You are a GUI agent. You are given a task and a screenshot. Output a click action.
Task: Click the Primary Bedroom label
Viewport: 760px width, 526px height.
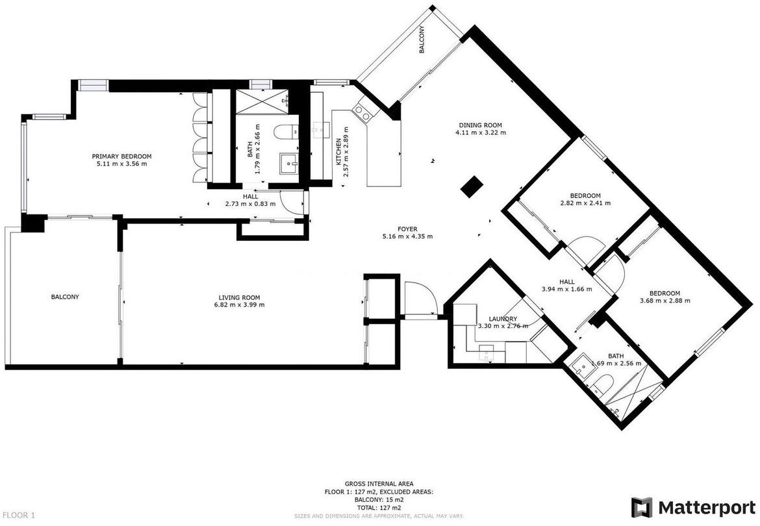(121, 157)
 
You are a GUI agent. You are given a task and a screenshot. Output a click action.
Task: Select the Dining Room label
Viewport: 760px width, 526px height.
(480, 125)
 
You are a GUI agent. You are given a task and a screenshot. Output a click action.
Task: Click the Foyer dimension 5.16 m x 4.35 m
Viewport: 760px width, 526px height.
(407, 236)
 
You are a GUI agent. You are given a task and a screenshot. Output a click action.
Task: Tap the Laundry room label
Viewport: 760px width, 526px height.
(503, 319)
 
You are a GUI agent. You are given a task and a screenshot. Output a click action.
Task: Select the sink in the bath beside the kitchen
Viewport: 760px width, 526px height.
(290, 166)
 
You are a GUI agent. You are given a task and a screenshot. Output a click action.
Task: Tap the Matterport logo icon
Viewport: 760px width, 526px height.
(641, 508)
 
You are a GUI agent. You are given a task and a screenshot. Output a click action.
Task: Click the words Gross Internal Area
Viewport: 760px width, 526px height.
(379, 483)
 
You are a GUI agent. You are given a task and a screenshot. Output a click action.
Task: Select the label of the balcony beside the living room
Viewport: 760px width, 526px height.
(65, 297)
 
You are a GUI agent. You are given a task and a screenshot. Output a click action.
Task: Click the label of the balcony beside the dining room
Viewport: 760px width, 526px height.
(422, 40)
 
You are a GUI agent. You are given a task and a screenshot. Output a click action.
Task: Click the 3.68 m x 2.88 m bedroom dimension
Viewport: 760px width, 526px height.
(665, 300)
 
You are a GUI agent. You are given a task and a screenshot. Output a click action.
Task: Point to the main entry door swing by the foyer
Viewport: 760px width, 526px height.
(421, 298)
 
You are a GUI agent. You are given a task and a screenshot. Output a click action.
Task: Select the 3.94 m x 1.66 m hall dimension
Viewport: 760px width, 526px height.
(566, 289)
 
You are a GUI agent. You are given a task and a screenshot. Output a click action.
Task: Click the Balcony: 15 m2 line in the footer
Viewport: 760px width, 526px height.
(379, 499)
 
